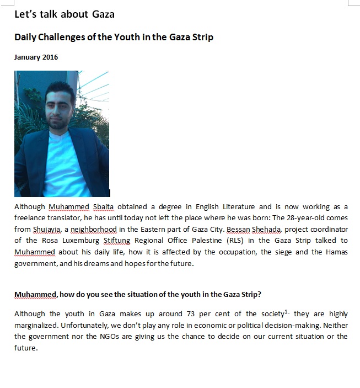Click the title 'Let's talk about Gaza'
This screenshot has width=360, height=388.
[x=65, y=14]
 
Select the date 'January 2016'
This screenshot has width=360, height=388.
[x=36, y=57]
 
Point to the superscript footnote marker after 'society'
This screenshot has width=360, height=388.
[x=286, y=312]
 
